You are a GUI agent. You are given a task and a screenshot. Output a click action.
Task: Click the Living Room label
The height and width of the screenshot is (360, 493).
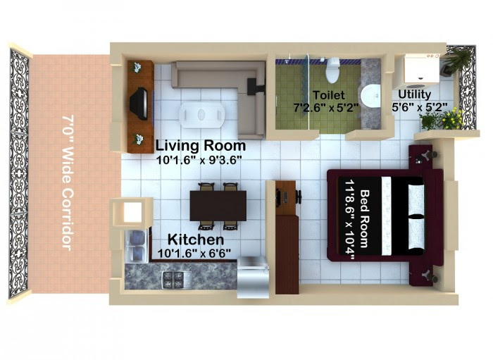[201, 146]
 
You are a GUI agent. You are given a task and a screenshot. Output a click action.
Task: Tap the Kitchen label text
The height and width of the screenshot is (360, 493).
[196, 240]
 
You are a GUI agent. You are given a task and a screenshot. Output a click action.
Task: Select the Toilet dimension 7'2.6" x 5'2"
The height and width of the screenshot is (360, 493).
[326, 108]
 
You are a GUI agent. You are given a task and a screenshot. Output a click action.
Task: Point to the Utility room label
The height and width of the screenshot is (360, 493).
[414, 94]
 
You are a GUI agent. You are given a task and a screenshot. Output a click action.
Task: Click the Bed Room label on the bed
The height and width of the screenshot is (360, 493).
[364, 219]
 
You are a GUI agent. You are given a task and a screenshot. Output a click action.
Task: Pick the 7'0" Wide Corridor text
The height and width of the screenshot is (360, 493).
[68, 182]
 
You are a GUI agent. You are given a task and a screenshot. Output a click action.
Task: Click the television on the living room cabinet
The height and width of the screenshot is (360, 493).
[139, 104]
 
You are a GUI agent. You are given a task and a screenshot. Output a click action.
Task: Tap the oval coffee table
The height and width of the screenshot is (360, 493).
[201, 115]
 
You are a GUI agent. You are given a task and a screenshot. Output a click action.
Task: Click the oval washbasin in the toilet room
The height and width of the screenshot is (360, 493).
[370, 96]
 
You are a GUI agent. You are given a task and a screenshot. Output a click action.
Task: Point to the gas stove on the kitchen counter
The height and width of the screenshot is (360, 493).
[177, 280]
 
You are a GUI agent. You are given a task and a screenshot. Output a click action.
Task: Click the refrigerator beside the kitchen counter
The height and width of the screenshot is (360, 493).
[253, 278]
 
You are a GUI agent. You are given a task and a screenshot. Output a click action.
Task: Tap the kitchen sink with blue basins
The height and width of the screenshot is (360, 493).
[137, 246]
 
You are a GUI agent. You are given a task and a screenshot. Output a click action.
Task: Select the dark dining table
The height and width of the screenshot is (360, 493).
[218, 206]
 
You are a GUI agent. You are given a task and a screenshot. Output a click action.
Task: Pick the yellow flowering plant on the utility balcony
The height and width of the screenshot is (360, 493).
[451, 118]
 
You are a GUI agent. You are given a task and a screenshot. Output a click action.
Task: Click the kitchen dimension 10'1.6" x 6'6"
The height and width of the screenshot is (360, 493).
[194, 253]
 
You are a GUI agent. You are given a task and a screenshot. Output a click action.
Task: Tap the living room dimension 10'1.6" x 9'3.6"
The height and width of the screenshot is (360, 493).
[199, 161]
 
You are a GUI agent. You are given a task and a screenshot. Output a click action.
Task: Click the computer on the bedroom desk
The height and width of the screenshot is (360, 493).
[285, 197]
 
